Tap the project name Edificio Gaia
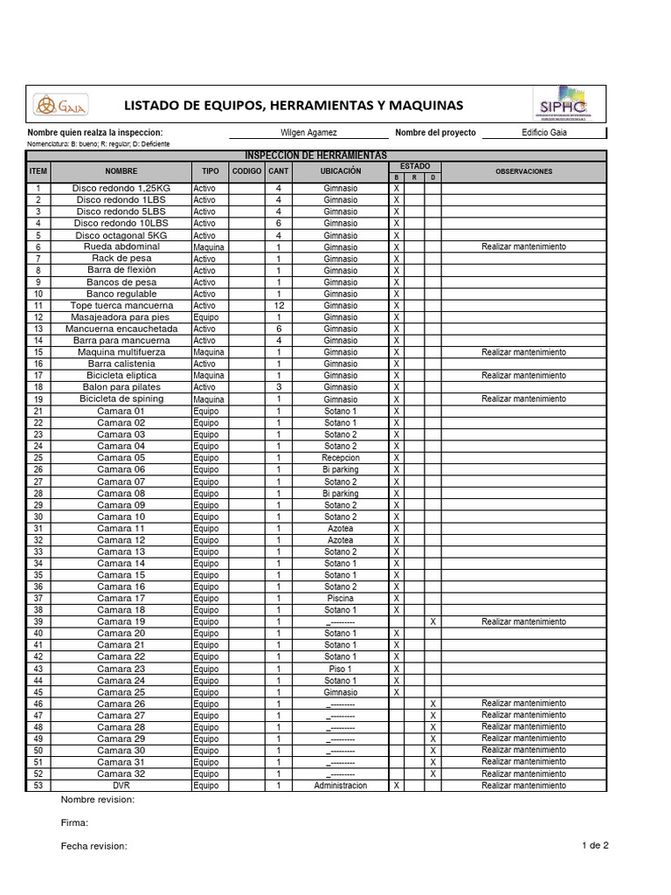544,132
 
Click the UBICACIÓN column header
340,171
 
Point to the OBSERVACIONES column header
523,171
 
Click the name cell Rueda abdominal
122,247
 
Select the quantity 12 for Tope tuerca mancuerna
279,306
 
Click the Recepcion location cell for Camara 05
340,458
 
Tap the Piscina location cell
340,599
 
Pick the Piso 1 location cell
340,669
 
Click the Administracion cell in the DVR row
340,786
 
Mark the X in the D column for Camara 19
432,621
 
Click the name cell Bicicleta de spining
121,399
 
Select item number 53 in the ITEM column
38,786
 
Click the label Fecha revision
94,846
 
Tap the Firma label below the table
74,822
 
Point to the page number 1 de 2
594,845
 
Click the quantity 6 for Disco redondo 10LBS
279,224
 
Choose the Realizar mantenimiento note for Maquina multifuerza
523,352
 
